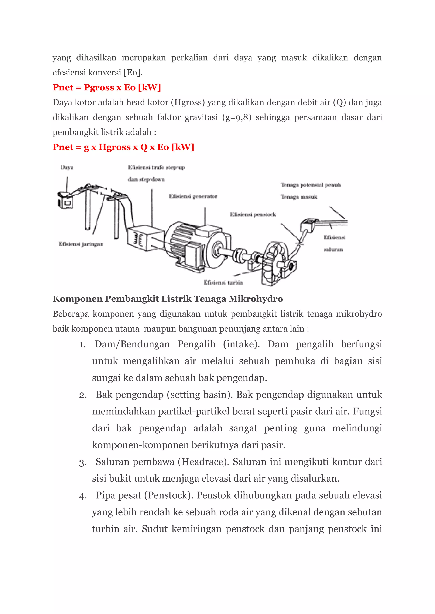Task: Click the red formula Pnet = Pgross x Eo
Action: pos(107,87)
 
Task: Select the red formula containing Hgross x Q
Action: pos(123,147)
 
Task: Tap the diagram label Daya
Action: pos(67,167)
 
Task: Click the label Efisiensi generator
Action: pos(193,197)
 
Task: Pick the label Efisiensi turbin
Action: pos(223,283)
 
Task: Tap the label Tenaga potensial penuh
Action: pos(311,185)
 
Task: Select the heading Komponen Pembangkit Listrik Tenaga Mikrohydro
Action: pos(168,299)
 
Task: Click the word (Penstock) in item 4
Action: pos(169,495)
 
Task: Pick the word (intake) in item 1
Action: pos(241,344)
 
